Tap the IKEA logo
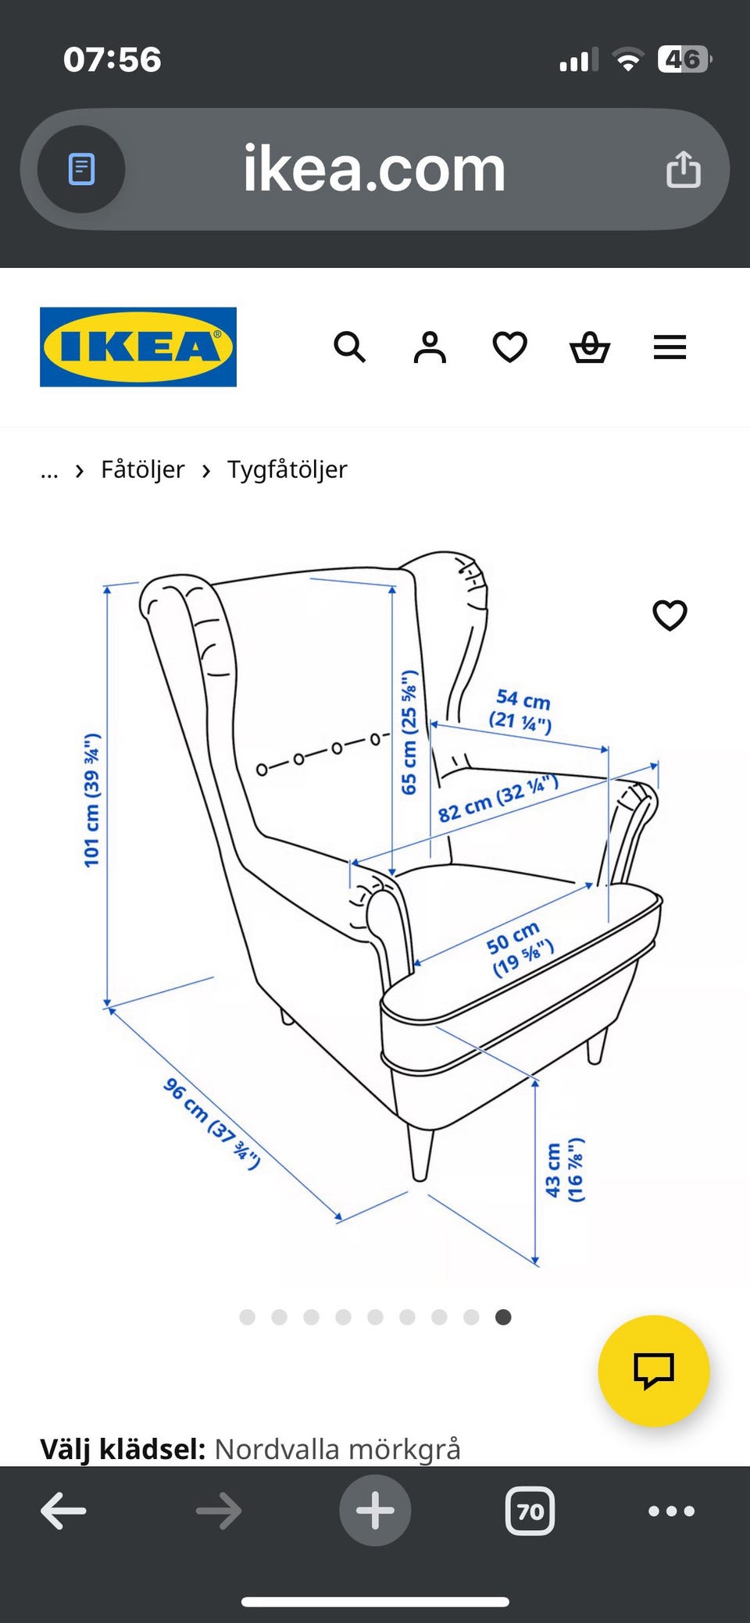(138, 347)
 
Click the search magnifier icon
(349, 347)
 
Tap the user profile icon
(430, 347)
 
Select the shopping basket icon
(590, 347)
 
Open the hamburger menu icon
(670, 347)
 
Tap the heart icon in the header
(510, 347)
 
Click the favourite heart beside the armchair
(670, 615)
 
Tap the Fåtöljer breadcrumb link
(143, 469)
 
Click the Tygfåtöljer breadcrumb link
(287, 470)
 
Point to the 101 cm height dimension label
(92, 800)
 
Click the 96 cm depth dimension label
(212, 1123)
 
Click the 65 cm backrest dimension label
(409, 732)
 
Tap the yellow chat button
(654, 1371)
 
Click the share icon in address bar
(684, 169)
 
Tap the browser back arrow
(63, 1511)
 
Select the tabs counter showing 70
(530, 1511)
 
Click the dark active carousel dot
(503, 1317)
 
